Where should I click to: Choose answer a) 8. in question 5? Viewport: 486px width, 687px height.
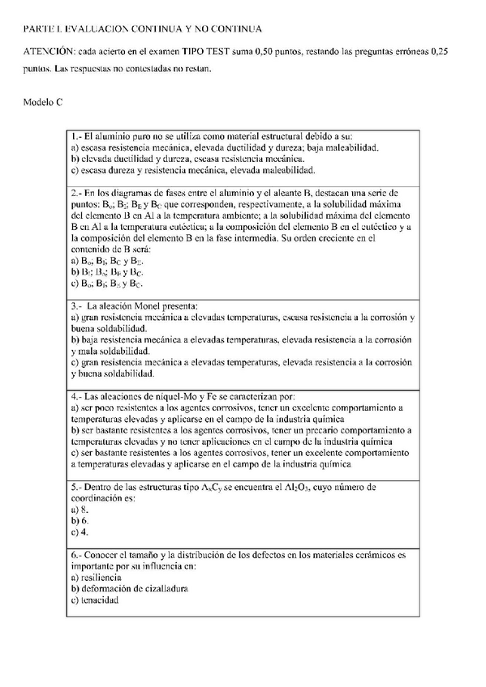(80, 509)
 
